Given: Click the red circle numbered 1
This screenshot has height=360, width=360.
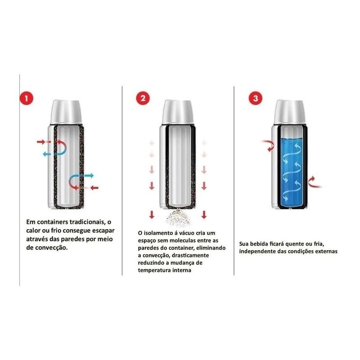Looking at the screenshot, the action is pos(27,98).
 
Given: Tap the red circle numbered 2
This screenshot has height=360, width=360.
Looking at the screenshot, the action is pos(143,98).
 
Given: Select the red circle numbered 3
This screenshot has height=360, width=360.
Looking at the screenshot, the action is pos(256,98).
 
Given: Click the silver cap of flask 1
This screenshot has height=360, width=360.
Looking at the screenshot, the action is pos(66,112).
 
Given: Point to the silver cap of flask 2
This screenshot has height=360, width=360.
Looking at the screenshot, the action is pos(178,112).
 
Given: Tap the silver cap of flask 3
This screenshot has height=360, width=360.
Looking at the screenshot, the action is pos(290,112).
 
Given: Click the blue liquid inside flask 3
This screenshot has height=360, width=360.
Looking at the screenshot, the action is pos(291,172).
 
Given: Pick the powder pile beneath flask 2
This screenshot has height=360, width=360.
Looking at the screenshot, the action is pos(179,217).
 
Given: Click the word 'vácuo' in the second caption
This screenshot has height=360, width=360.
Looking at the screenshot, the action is pos(188,233).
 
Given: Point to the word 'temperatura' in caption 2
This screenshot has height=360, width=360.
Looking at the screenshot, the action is pos(153,270).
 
